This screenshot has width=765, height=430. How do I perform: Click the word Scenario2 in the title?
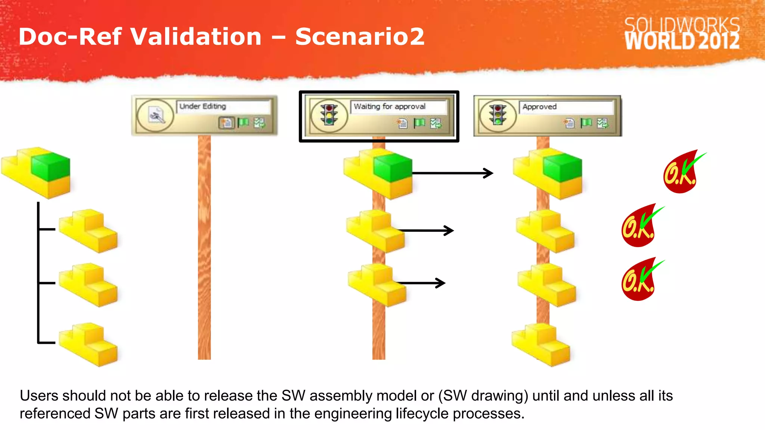point(360,37)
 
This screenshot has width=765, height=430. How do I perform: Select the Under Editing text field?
point(223,106)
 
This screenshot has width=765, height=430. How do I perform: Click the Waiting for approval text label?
point(390,106)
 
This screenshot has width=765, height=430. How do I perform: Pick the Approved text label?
point(539,107)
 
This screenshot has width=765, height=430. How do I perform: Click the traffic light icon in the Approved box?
point(498,115)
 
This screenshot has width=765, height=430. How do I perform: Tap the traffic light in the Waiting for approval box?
point(329,115)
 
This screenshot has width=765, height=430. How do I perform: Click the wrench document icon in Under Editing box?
point(156,115)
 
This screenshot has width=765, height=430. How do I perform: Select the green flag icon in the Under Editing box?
point(243,122)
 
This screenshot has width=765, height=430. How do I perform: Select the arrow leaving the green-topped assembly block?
point(452,173)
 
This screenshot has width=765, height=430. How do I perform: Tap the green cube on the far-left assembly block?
point(51,166)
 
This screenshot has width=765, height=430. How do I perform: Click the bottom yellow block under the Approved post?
point(541,344)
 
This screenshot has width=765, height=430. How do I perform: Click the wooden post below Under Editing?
point(204,246)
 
